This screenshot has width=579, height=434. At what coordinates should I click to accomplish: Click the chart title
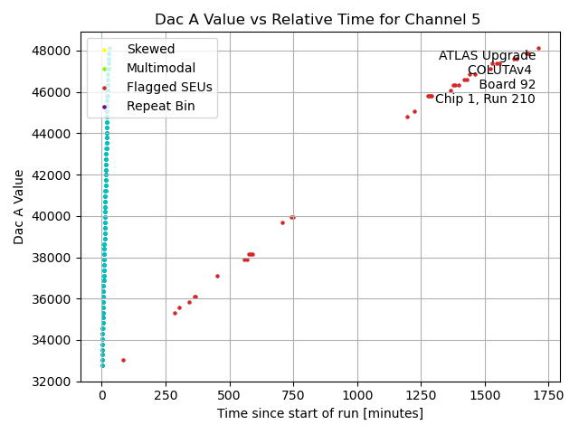tap(318, 19)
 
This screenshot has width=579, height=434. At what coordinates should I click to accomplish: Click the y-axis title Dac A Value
tap(19, 206)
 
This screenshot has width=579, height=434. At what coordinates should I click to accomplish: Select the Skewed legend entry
tap(150, 49)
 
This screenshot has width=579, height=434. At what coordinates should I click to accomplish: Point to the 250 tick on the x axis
tap(166, 395)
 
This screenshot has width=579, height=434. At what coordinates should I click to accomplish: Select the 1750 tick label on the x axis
tap(548, 395)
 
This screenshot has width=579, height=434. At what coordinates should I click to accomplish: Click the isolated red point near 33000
tap(123, 360)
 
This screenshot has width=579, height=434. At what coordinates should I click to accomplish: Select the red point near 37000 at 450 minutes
tap(217, 276)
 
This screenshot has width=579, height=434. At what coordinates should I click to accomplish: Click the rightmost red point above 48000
tap(538, 48)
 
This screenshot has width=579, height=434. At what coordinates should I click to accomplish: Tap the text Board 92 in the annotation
tap(507, 85)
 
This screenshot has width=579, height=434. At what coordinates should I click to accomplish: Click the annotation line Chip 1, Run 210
tap(485, 99)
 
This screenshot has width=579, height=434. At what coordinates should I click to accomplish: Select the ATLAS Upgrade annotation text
tap(487, 56)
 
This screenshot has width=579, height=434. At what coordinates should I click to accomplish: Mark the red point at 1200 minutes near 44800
tap(407, 117)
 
